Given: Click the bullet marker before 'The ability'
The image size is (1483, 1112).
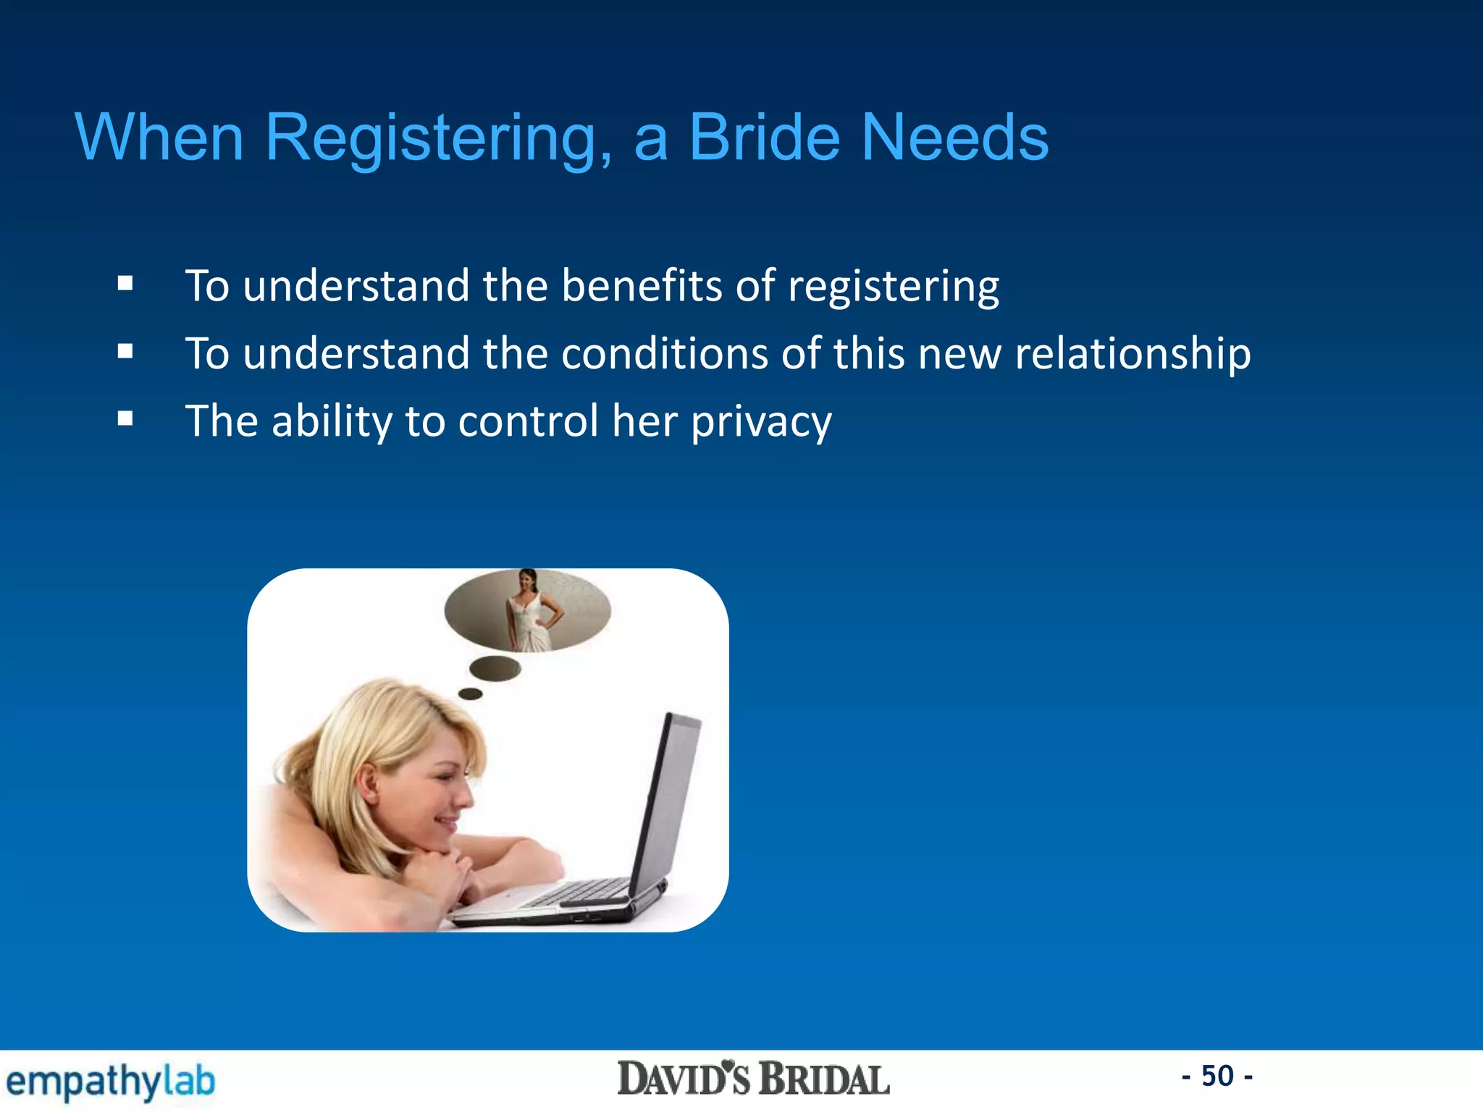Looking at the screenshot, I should point(125,418).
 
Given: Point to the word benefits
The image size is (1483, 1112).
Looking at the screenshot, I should point(642,285).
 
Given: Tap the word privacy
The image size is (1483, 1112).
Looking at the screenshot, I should point(761,421).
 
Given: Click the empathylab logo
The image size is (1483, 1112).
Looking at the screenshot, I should point(110,1082).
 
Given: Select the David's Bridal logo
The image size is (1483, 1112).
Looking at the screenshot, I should point(753,1079).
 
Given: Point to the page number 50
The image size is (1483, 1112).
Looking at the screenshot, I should point(1217,1076).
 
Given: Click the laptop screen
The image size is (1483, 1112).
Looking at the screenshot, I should point(670,796).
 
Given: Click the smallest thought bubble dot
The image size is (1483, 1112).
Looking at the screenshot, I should point(471,694).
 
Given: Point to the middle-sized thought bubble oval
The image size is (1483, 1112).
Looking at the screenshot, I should point(495,667).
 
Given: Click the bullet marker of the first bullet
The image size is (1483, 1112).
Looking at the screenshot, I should point(125,284).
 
